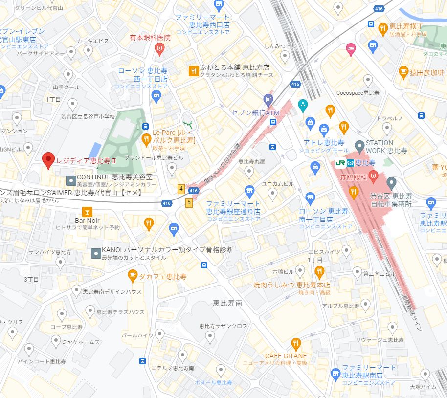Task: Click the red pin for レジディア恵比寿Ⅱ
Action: point(47,159)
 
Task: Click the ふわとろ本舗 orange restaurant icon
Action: point(194,71)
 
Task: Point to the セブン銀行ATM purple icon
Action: point(268,99)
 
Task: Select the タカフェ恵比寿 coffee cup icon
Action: point(132,277)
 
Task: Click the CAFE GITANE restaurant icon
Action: point(295,344)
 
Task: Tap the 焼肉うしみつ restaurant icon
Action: point(319,271)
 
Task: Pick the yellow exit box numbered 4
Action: point(181,188)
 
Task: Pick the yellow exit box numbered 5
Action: point(188,202)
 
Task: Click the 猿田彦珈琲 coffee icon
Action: point(403,73)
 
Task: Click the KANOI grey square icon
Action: point(96,253)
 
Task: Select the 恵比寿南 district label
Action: point(227,303)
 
